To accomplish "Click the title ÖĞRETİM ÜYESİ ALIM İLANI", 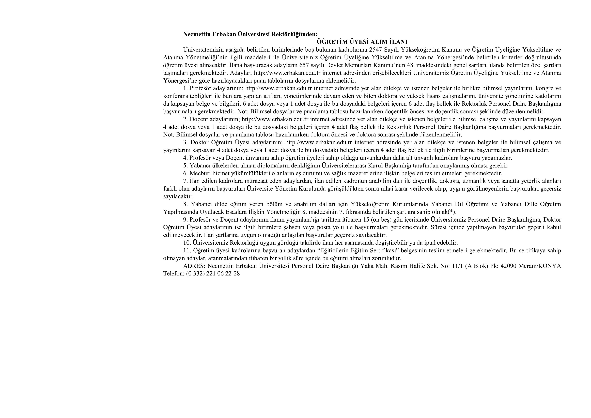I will click(362, 42).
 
